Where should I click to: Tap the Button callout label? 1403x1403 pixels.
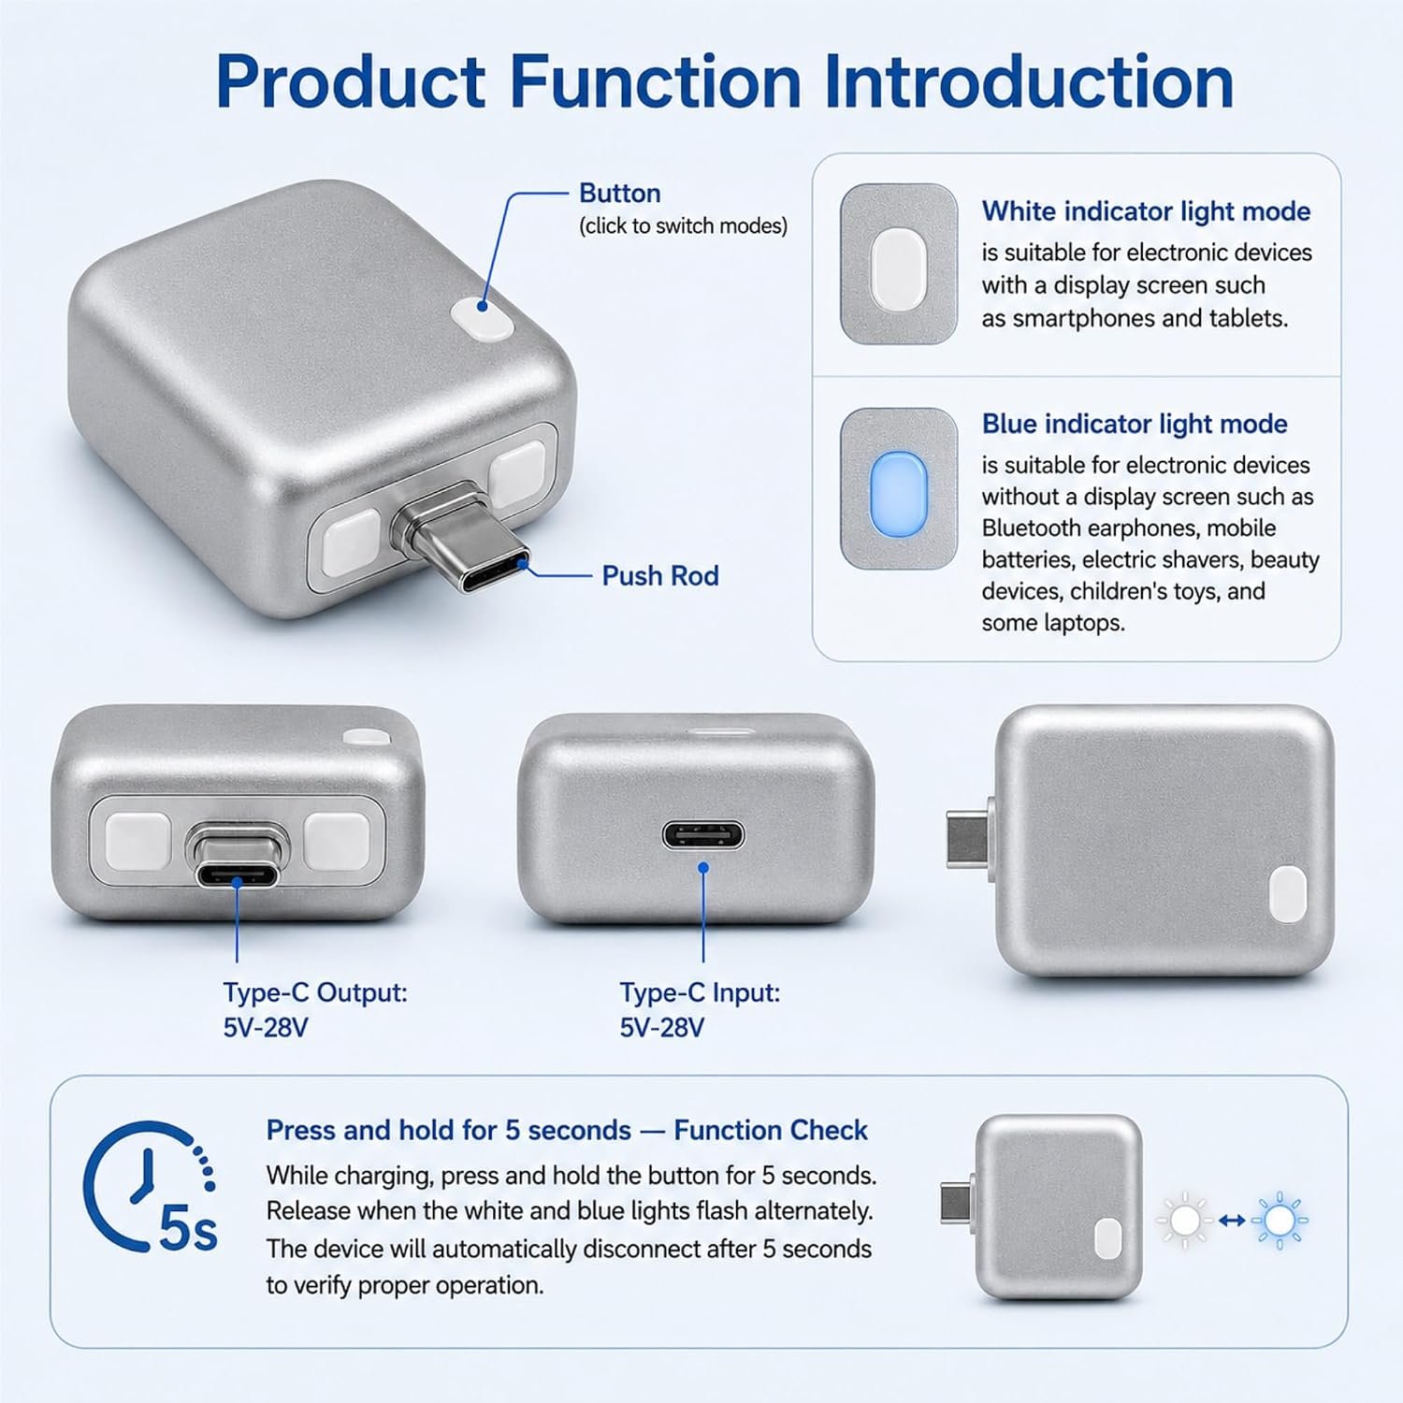(619, 194)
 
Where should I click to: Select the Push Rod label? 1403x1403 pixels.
(660, 575)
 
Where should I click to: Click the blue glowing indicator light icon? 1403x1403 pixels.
(898, 488)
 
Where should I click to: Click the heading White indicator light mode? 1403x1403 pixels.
(1146, 211)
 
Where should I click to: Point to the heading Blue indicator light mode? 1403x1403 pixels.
(1135, 424)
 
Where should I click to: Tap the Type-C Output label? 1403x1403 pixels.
(315, 992)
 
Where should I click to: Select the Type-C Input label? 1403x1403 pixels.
(700, 992)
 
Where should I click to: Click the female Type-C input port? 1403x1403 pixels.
(703, 833)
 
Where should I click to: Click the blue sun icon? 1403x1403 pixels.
(1279, 1220)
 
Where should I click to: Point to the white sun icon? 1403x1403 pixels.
(1184, 1220)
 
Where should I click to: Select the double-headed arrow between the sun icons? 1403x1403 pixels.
(1232, 1220)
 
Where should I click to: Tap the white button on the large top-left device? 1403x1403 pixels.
(482, 318)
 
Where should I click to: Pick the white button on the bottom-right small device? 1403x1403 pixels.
(1108, 1237)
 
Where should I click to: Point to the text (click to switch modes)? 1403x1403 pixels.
(683, 226)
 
